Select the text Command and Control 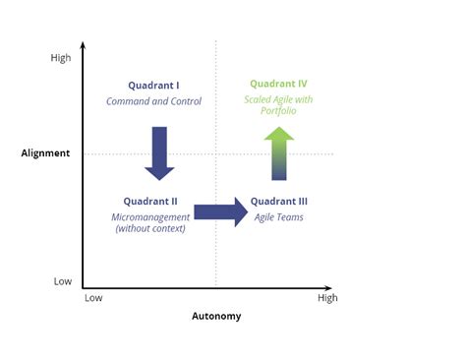(x=153, y=101)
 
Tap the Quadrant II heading (x=150, y=202)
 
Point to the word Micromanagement (x=150, y=216)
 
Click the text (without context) (x=150, y=229)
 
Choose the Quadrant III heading (x=279, y=202)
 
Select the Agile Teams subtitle (x=279, y=216)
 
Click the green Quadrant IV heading (x=279, y=85)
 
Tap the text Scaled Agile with (x=279, y=99)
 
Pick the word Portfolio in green (x=279, y=111)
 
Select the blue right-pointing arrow (x=221, y=212)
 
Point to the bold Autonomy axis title (x=215, y=317)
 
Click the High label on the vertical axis (x=61, y=58)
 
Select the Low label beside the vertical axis (x=62, y=281)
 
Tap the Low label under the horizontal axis (x=93, y=297)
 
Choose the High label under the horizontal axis (x=327, y=297)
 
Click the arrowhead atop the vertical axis (x=83, y=45)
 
